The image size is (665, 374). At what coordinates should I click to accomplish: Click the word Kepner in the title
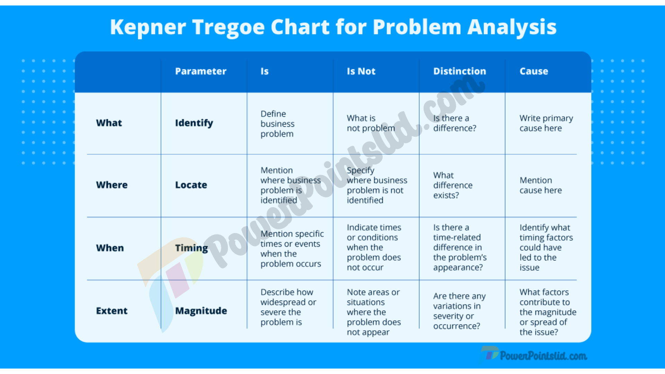[148, 27]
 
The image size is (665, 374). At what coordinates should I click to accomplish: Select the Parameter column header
[201, 71]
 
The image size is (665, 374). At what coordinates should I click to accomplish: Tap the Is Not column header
[361, 71]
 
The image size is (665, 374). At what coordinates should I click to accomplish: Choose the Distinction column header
[460, 71]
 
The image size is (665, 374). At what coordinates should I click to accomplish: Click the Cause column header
[534, 71]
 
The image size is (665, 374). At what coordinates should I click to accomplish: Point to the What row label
[109, 123]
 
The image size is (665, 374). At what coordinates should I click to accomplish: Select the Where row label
[112, 185]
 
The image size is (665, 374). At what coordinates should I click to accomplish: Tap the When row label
[110, 248]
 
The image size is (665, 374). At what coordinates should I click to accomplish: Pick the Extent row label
[112, 311]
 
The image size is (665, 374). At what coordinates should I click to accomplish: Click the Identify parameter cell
[194, 123]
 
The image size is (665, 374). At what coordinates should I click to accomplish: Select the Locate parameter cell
[191, 185]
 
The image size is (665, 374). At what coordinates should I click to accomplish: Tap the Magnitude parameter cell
[201, 311]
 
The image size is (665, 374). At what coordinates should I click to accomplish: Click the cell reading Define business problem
[277, 124]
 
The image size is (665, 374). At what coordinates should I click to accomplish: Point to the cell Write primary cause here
[546, 123]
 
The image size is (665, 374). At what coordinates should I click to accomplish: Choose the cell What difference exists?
[453, 185]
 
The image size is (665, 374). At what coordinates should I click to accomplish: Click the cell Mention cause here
[541, 185]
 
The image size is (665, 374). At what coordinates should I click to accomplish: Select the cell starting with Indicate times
[374, 248]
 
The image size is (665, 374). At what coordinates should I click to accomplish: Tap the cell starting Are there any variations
[459, 311]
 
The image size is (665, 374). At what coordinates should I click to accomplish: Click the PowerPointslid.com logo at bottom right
[534, 355]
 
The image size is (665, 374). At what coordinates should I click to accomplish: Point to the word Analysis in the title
[512, 27]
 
